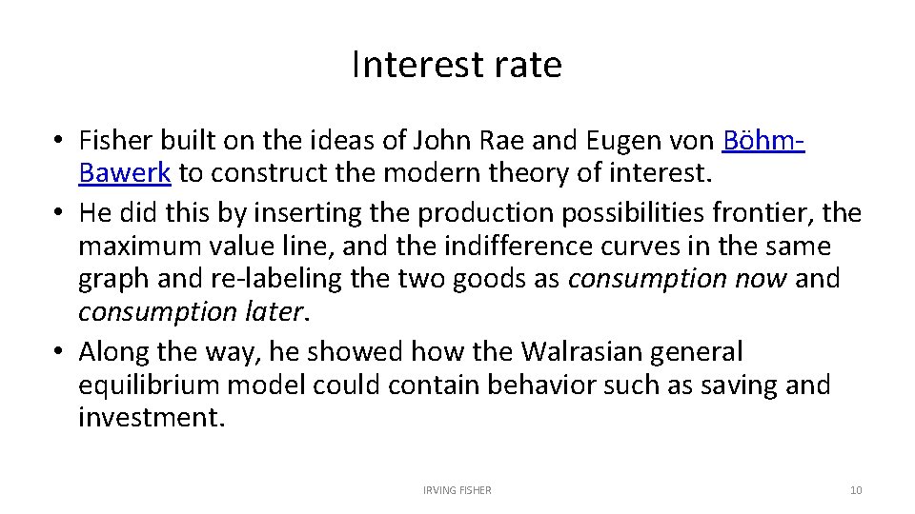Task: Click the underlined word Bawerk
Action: [124, 174]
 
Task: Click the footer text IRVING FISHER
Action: [457, 490]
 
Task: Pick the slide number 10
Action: [855, 490]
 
